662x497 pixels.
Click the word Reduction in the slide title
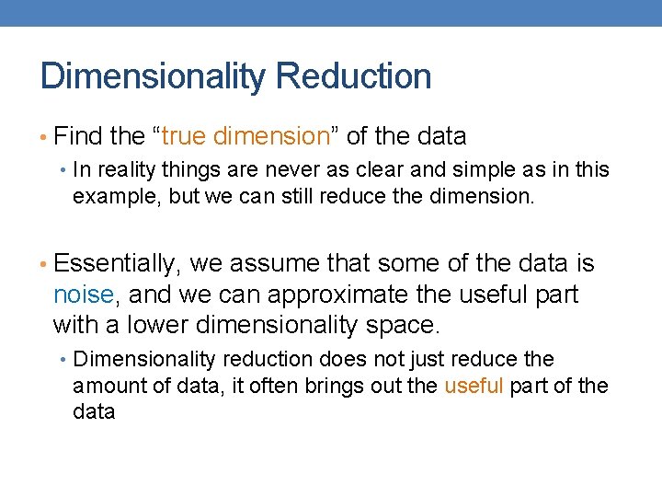click(353, 76)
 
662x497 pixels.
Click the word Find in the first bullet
click(78, 137)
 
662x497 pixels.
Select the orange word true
click(186, 137)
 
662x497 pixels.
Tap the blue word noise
click(83, 295)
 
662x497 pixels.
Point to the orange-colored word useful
click(474, 386)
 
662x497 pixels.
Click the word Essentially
click(118, 264)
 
